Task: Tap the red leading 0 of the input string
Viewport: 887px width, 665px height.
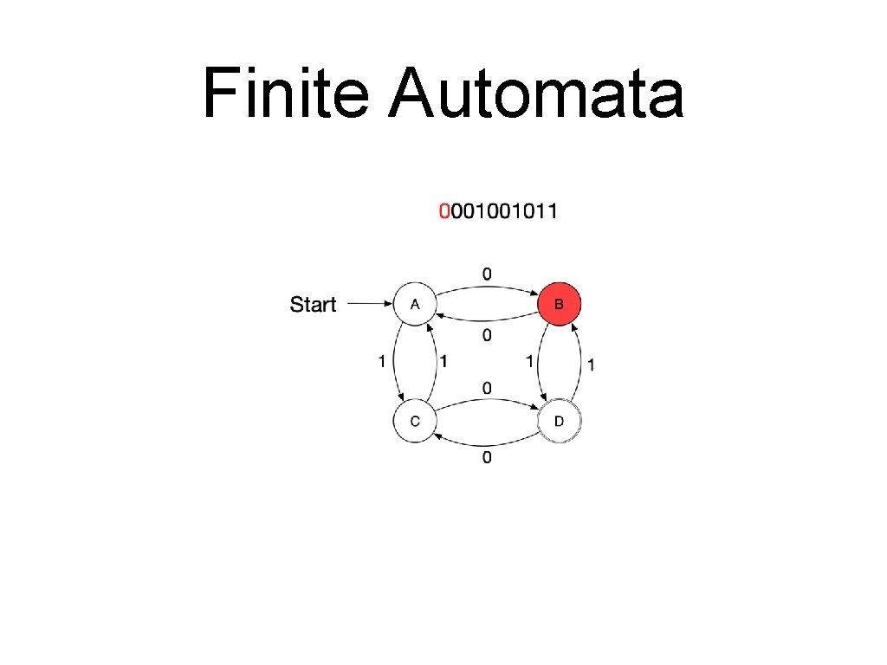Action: click(x=444, y=210)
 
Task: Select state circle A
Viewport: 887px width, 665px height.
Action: click(x=415, y=304)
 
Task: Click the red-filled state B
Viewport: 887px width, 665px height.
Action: click(x=559, y=304)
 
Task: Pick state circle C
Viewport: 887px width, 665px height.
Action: click(x=415, y=422)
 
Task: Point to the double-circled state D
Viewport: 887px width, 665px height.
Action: click(x=559, y=422)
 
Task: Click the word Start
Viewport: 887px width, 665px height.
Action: click(x=313, y=305)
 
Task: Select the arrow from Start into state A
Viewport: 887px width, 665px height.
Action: click(x=369, y=304)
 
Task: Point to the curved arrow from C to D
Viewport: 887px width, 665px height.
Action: click(x=486, y=403)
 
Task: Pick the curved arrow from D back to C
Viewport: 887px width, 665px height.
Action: click(x=486, y=441)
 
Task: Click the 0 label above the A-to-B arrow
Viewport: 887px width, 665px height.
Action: click(x=487, y=274)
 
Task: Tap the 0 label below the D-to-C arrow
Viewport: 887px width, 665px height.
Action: click(x=487, y=457)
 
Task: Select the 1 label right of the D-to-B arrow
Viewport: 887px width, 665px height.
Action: click(x=591, y=365)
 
